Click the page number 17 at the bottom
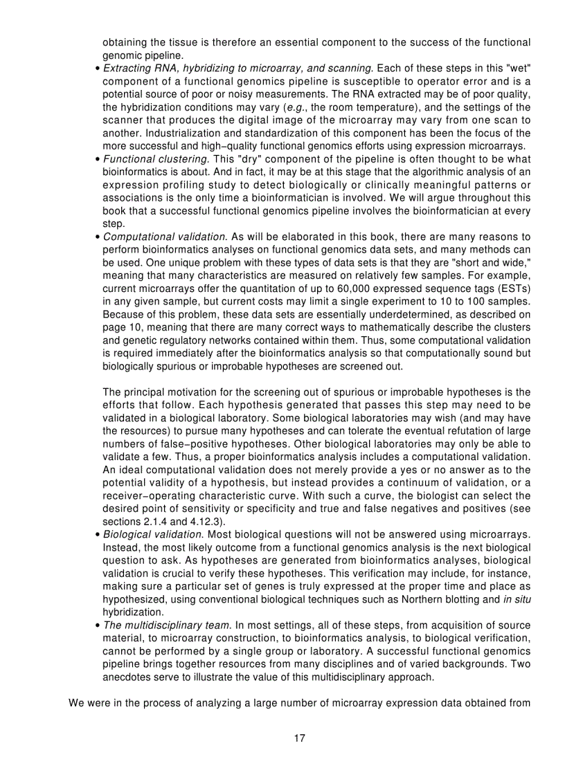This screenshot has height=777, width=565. coord(299,738)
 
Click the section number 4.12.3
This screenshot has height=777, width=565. coord(215,521)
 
